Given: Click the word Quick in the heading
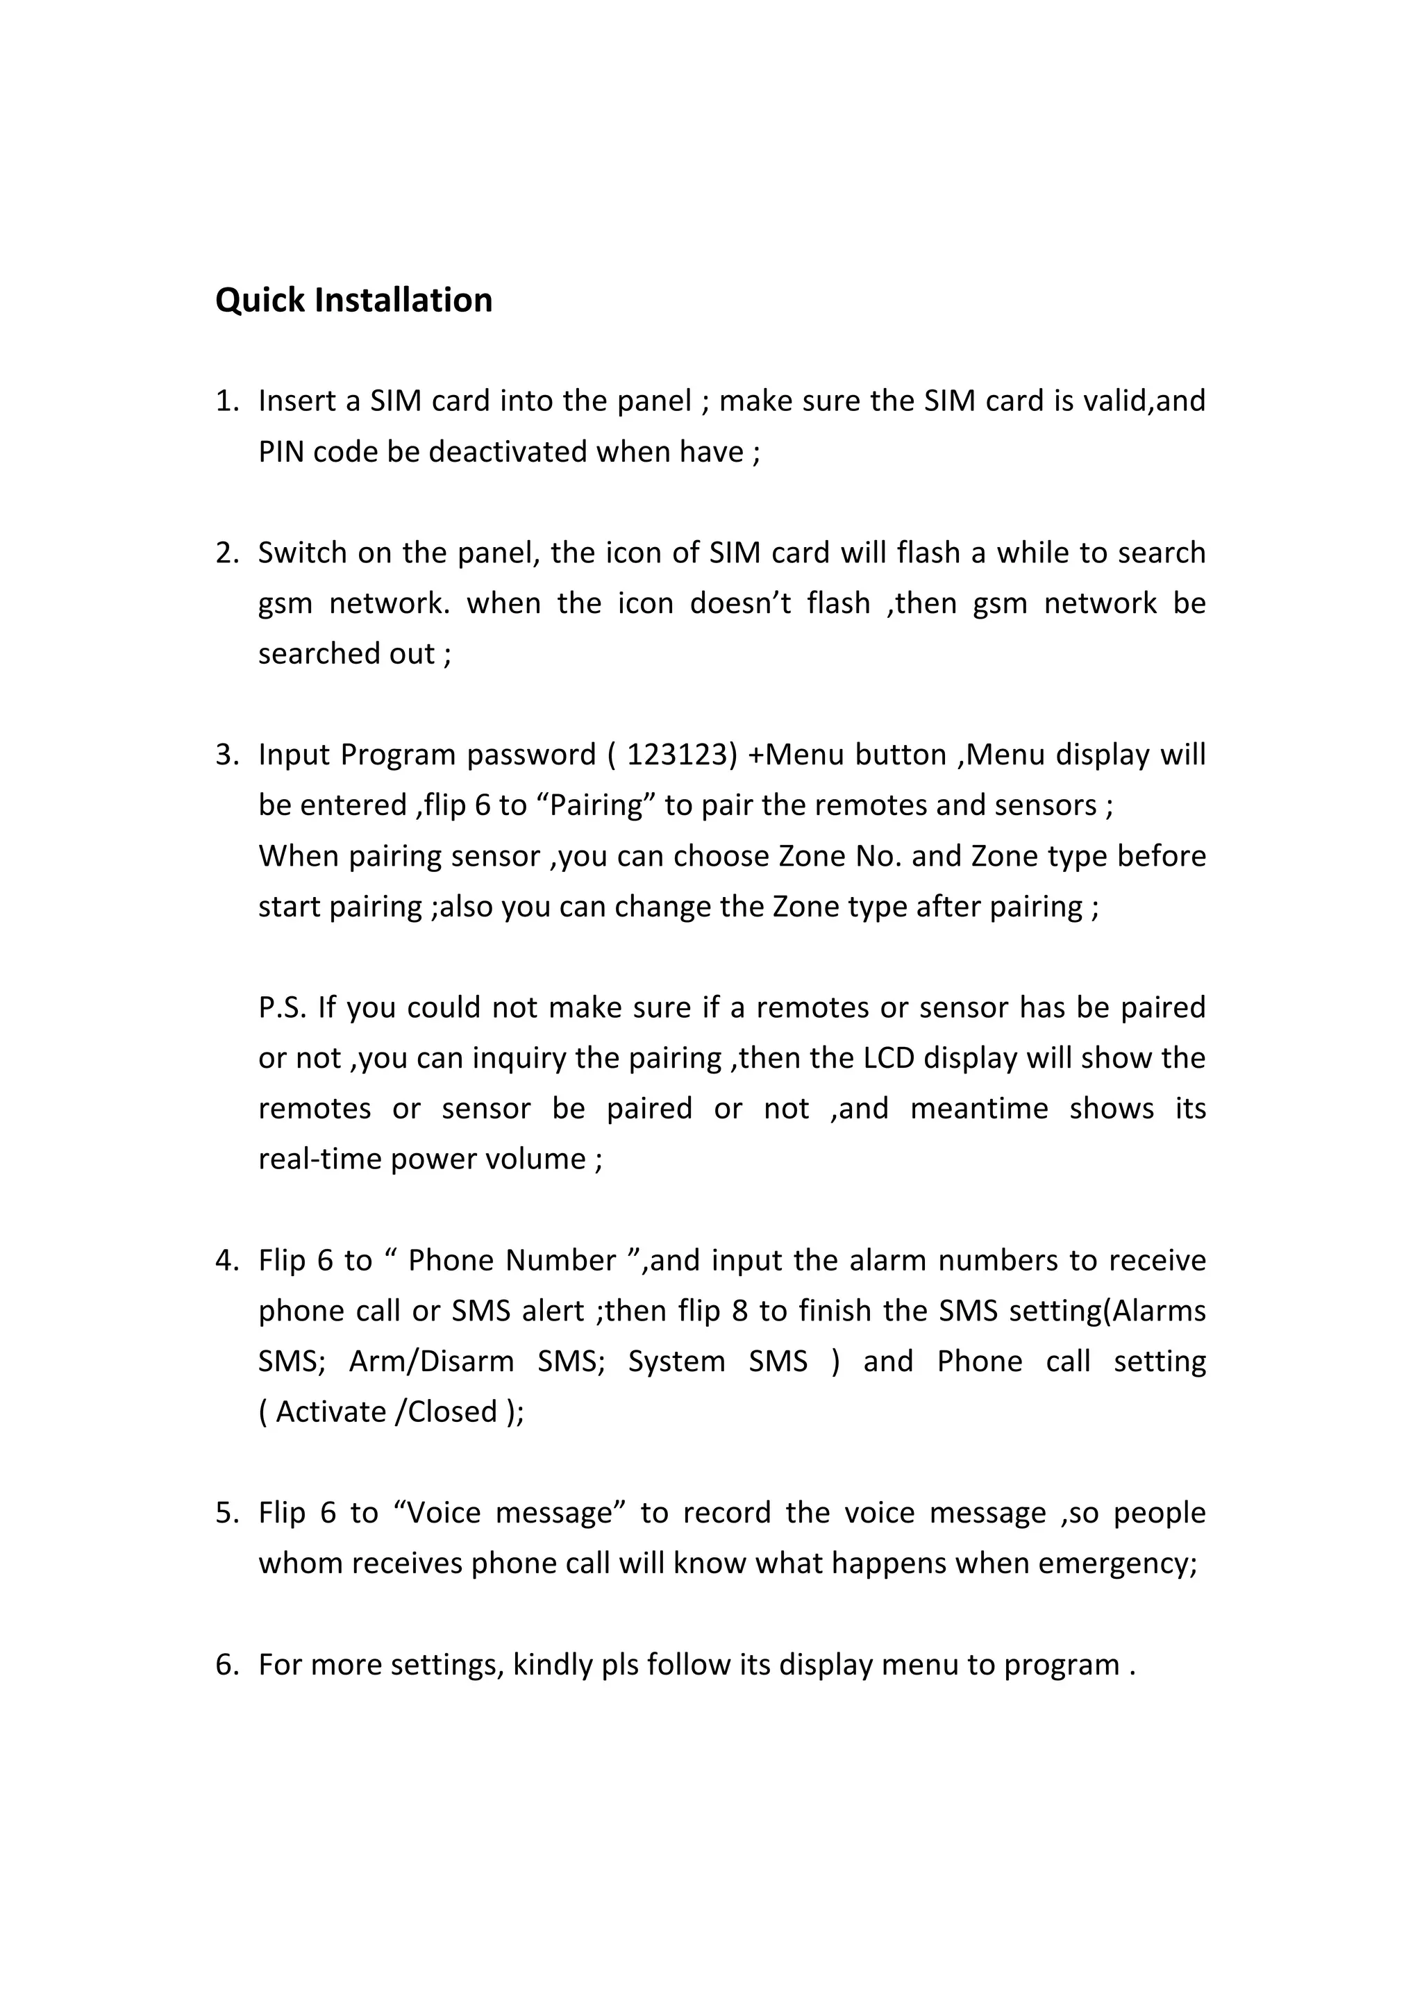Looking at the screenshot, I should coord(260,301).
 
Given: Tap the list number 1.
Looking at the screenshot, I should coord(226,401).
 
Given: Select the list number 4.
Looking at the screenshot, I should coord(226,1261).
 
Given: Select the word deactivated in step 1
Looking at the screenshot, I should coord(508,452).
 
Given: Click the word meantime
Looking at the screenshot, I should coord(978,1109).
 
